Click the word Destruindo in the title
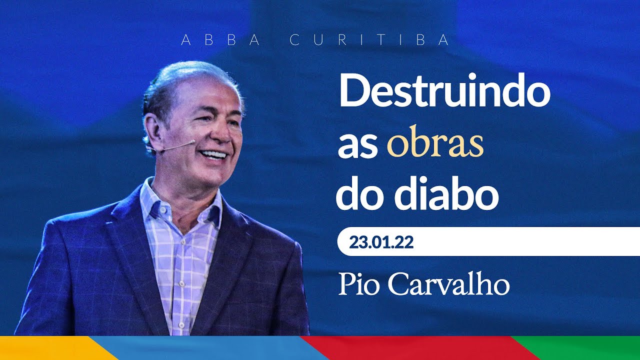pyautogui.click(x=444, y=93)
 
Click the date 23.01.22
pyautogui.click(x=381, y=242)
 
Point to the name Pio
pyautogui.click(x=357, y=284)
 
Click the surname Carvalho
pyautogui.click(x=448, y=284)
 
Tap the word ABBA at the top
pyautogui.click(x=220, y=40)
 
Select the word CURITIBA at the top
pyautogui.click(x=369, y=40)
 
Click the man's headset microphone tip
pyautogui.click(x=193, y=142)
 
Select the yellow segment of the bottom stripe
pyautogui.click(x=50, y=348)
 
